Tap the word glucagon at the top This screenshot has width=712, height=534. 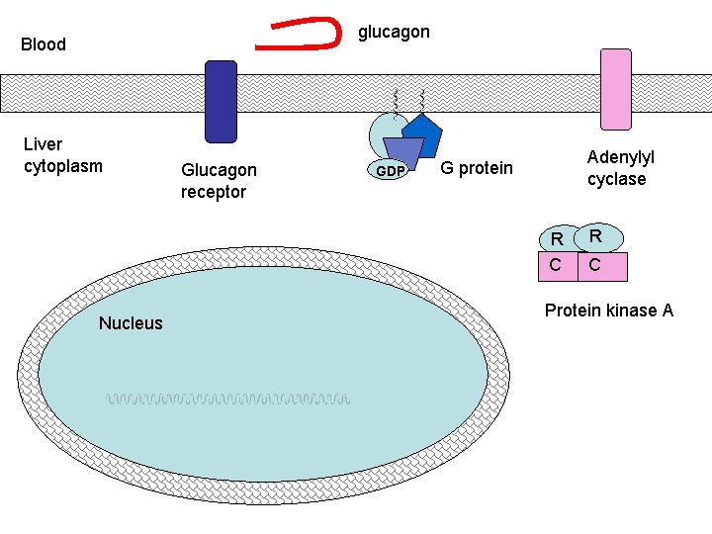coord(394,32)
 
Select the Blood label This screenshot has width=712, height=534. coord(44,44)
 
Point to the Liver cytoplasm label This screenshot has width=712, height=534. coord(62,155)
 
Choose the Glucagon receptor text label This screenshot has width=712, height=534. coord(219,181)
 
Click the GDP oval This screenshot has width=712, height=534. coord(391,171)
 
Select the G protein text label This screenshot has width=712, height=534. coord(477,168)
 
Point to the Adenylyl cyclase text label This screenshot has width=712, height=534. coord(621,168)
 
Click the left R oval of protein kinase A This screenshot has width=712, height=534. coord(557,238)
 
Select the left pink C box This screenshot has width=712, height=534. coord(556,265)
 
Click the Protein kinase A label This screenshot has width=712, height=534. coord(609,311)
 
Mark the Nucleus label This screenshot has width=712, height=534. coord(131,323)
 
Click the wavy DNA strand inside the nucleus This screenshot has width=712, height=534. coord(228,400)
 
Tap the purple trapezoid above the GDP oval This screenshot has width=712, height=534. coord(402,149)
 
